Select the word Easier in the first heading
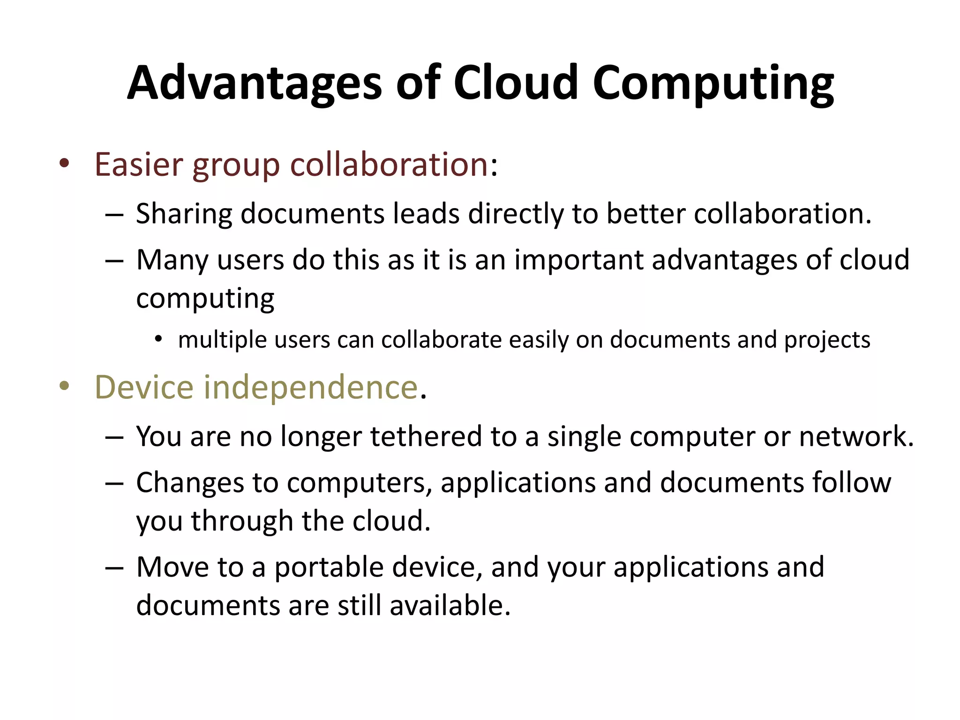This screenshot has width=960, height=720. coord(139,165)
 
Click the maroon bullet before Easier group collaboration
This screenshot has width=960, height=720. coord(65,164)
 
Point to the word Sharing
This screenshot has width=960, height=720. coord(184,215)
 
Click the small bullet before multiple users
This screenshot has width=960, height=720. coord(158,338)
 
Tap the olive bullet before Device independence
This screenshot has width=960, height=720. coord(65,387)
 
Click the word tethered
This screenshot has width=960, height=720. coord(426,437)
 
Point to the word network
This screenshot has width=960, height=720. coord(856,437)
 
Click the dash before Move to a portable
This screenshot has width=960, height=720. coord(114,568)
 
